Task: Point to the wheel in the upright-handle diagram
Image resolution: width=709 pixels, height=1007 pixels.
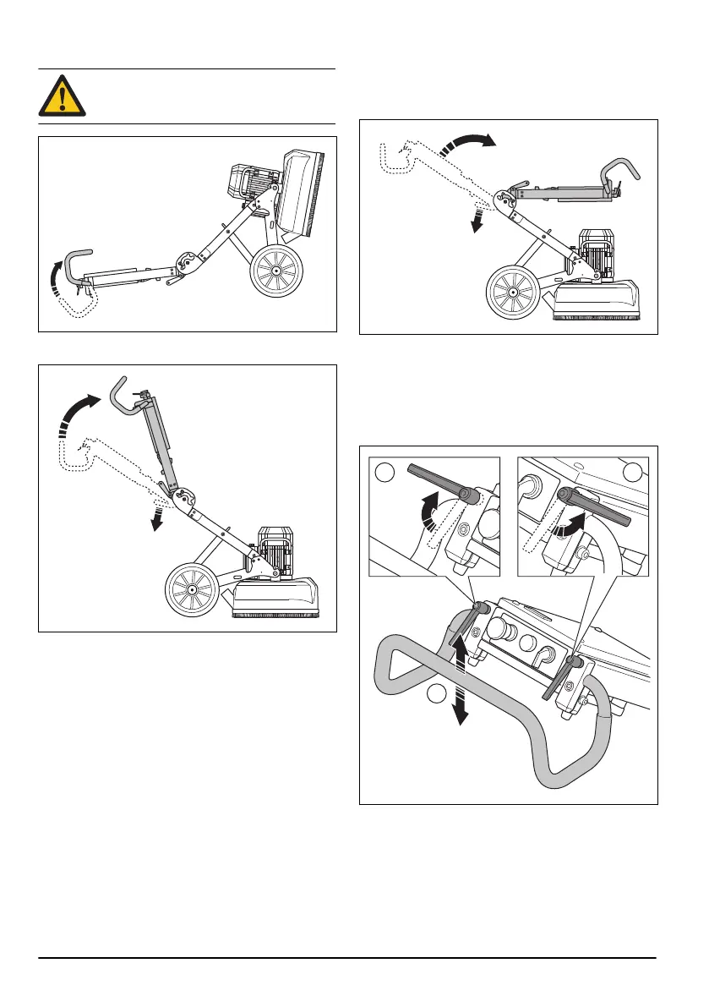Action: click(192, 588)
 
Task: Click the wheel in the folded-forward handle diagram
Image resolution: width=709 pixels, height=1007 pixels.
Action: click(513, 293)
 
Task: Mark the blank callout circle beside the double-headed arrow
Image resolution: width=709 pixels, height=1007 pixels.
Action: click(436, 695)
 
